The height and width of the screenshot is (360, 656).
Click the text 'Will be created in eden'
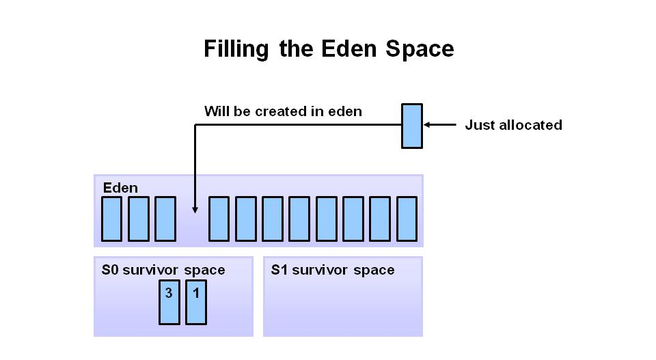pyautogui.click(x=283, y=111)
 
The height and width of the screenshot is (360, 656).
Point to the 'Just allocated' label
pyautogui.click(x=513, y=125)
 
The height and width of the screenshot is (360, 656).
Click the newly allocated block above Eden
pyautogui.click(x=412, y=126)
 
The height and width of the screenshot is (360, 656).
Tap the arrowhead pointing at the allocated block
pyautogui.click(x=428, y=125)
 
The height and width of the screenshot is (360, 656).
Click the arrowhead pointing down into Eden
pyautogui.click(x=195, y=210)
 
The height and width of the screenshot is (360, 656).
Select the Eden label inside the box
pyautogui.click(x=120, y=188)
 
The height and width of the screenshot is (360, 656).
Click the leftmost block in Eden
pyautogui.click(x=112, y=219)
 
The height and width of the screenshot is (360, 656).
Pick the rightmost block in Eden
pyautogui.click(x=407, y=219)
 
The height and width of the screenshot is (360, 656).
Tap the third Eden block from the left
pyautogui.click(x=165, y=219)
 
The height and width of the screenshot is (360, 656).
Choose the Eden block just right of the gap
pyautogui.click(x=219, y=219)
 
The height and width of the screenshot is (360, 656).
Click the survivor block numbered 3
pyautogui.click(x=169, y=302)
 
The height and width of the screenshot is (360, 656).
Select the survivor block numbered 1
pyautogui.click(x=196, y=302)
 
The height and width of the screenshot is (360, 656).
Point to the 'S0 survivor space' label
pyautogui.click(x=163, y=270)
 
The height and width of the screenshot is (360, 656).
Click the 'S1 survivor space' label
pyautogui.click(x=333, y=270)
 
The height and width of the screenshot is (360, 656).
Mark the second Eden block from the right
pyautogui.click(x=380, y=219)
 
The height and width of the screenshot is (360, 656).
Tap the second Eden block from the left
pyautogui.click(x=139, y=219)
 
